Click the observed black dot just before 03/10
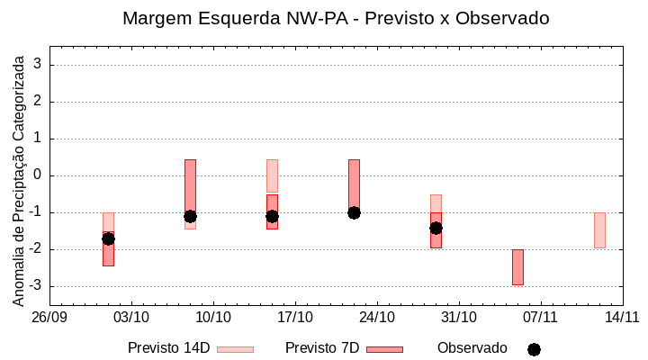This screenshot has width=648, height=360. coord(108,238)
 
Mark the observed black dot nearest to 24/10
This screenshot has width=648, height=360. coord(354,212)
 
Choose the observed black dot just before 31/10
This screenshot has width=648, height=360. coord(436,228)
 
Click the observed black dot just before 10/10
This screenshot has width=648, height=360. coord(190,216)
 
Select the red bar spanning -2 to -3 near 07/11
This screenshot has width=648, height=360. coord(517,267)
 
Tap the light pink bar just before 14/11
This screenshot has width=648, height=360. coord(599,230)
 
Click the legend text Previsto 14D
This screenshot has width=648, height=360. coord(169,348)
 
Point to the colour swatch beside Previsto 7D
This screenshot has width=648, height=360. coord(384,349)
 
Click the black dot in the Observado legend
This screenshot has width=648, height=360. coord(534,349)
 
